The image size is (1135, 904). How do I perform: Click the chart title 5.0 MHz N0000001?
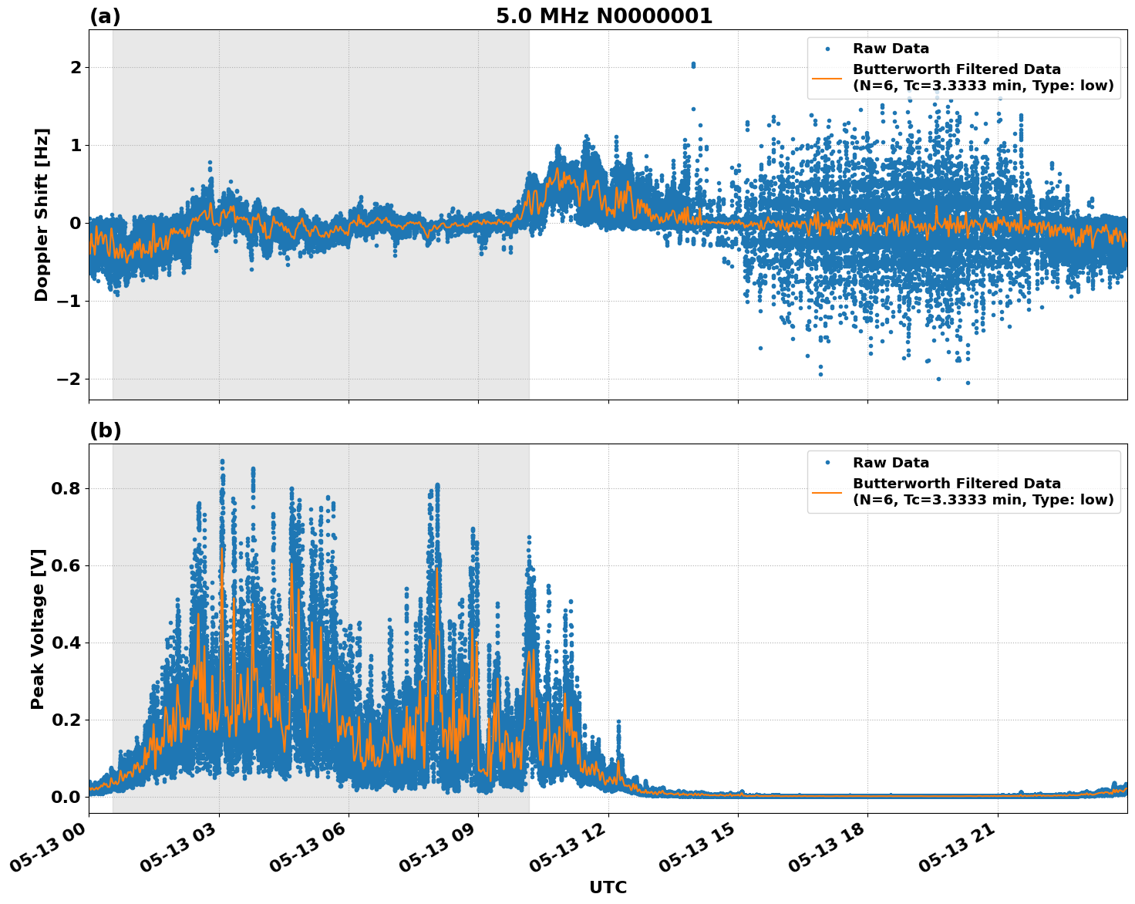click(604, 16)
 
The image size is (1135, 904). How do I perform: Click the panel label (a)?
click(105, 16)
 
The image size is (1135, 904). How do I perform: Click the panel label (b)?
click(105, 430)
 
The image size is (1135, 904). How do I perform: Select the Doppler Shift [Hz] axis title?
click(42, 214)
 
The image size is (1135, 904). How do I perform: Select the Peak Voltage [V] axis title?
click(39, 629)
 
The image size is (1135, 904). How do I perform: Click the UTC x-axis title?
click(608, 887)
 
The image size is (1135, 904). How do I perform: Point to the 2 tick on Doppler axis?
click(76, 68)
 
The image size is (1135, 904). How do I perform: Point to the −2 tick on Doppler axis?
click(69, 379)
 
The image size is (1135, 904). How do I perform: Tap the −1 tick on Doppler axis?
click(69, 302)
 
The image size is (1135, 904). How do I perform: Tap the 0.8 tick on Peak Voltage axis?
click(67, 489)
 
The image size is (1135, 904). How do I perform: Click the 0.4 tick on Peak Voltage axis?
click(67, 643)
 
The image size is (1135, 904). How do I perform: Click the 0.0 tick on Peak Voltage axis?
click(67, 797)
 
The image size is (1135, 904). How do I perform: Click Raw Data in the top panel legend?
click(891, 49)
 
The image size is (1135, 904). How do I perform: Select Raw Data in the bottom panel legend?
click(891, 463)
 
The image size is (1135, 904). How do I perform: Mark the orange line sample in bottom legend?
click(827, 491)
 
